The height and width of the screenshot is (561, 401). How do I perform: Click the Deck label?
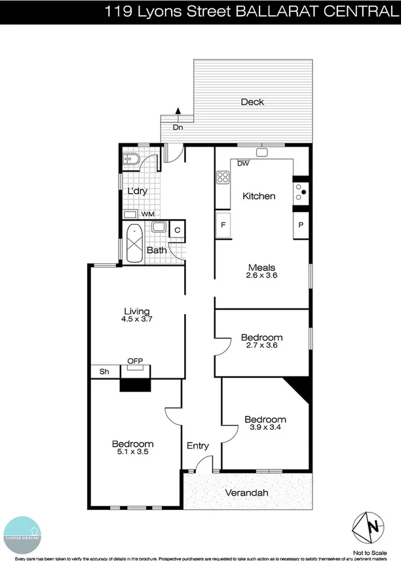(252, 101)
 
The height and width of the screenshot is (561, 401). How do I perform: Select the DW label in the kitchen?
(243, 164)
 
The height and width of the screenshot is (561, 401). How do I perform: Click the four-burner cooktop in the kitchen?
(222, 176)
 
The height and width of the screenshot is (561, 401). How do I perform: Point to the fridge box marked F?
(223, 225)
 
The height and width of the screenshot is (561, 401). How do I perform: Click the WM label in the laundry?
(148, 214)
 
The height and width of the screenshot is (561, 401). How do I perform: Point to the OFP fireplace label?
(135, 361)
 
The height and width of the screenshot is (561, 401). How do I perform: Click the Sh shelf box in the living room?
(104, 371)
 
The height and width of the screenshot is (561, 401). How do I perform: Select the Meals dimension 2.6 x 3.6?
(261, 276)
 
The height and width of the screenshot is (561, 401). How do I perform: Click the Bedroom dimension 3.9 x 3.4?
(265, 428)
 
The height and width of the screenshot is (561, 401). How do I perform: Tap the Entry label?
(198, 446)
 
